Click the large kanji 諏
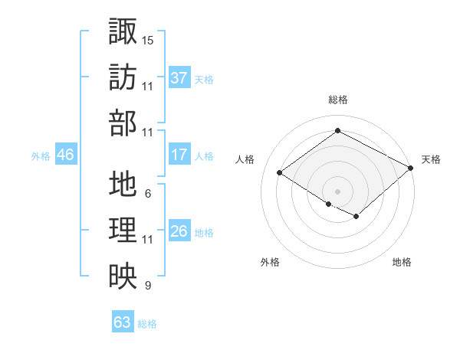click(x=123, y=31)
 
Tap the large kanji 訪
click(x=123, y=77)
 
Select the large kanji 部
click(x=123, y=123)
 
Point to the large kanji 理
click(x=123, y=230)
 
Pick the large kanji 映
click(x=123, y=276)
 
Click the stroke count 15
click(x=147, y=41)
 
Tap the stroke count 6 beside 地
click(x=148, y=194)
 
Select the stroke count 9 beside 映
click(x=148, y=285)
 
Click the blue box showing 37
click(x=179, y=77)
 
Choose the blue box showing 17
click(x=179, y=154)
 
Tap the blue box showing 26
click(x=179, y=230)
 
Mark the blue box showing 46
click(x=66, y=154)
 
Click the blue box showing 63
click(x=123, y=321)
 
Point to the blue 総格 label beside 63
click(x=147, y=324)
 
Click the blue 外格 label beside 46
click(x=41, y=156)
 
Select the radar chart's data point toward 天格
click(x=410, y=168)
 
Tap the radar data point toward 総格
click(x=337, y=130)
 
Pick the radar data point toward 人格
click(x=280, y=172)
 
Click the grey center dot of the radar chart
click(x=337, y=191)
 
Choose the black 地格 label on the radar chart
click(x=402, y=262)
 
